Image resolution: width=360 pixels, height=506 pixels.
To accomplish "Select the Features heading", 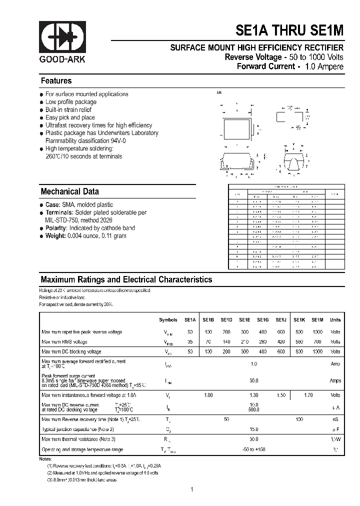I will pos(56,81).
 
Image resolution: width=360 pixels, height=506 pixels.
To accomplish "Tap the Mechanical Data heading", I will pos(69,191).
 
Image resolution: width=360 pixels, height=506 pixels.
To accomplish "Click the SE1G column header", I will pos(263,320).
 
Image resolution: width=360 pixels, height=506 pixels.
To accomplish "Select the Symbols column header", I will pos(168,320).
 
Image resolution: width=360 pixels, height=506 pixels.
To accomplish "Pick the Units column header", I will pos(335,320).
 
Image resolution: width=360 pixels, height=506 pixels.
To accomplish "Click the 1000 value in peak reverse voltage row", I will pos(317,332).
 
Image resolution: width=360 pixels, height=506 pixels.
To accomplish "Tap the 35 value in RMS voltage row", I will pos(190,342).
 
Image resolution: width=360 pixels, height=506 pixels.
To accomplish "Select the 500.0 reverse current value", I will pos(254,410).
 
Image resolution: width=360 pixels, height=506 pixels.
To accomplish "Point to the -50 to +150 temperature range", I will pos(254,450).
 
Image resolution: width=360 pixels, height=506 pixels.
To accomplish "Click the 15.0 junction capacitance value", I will pos(254,429).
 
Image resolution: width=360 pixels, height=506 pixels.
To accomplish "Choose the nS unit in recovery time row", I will pos(335,419).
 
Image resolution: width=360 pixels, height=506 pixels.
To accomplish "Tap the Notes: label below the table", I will pos(45,459).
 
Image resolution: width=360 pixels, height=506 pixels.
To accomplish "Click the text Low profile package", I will pos(71,102).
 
